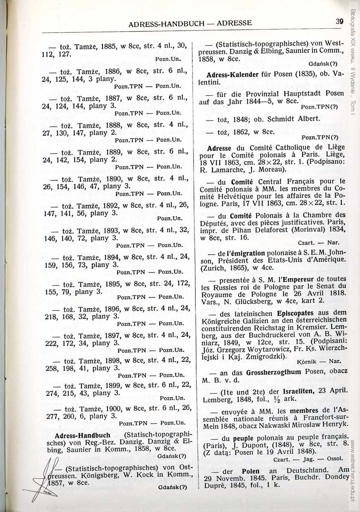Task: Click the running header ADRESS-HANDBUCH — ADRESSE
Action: [190, 23]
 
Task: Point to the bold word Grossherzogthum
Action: [274, 371]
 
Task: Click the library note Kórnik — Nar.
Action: [321, 361]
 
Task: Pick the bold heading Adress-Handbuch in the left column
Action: [82, 435]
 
